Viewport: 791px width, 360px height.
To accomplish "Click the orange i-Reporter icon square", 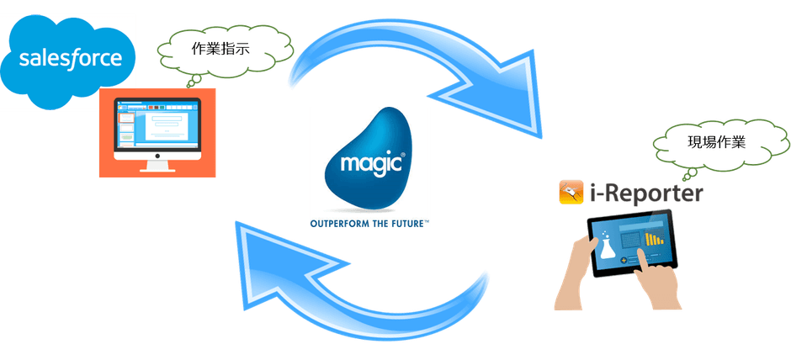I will pyautogui.click(x=571, y=192).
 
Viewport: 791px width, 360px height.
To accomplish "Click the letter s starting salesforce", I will pyautogui.click(x=25, y=60).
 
